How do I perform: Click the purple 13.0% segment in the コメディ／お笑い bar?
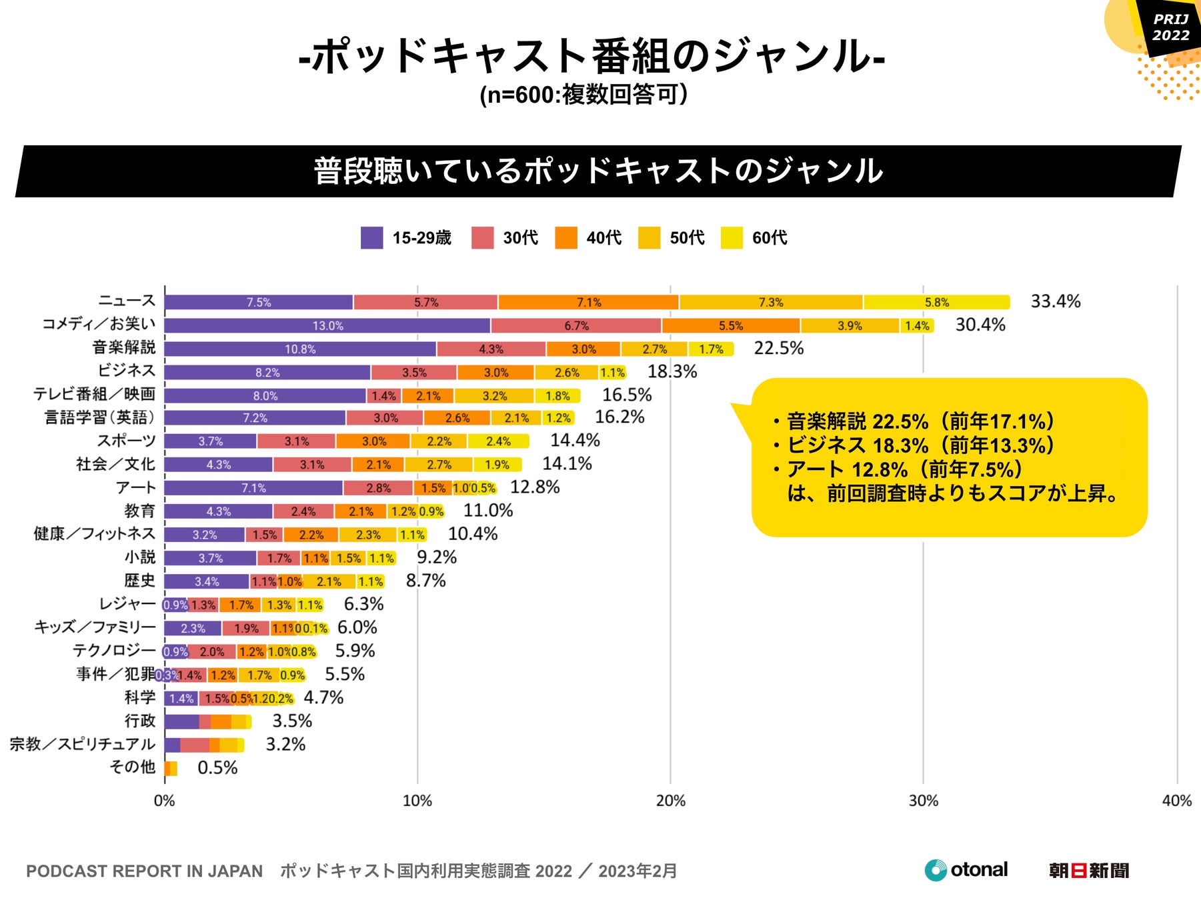tap(327, 325)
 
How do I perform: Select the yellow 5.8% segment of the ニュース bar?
tap(936, 302)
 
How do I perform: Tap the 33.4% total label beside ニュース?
tap(1055, 301)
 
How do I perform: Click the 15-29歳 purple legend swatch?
tap(371, 238)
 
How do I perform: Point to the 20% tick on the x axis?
tap(670, 801)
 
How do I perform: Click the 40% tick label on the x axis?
tap(1176, 801)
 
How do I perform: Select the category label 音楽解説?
tap(123, 347)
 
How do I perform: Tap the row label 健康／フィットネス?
tap(94, 534)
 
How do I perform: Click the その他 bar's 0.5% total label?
tap(217, 767)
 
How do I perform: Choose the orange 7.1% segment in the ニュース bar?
tap(588, 302)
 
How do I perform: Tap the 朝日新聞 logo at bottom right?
tap(1088, 871)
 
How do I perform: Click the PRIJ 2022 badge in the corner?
tap(1170, 27)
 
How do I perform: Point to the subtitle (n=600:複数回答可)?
tap(583, 95)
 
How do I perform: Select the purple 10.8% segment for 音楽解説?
tap(300, 349)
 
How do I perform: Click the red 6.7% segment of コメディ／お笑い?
tap(576, 325)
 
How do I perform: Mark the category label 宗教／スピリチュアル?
tap(82, 744)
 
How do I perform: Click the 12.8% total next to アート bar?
tap(535, 487)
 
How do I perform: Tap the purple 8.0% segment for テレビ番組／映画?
tap(265, 396)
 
